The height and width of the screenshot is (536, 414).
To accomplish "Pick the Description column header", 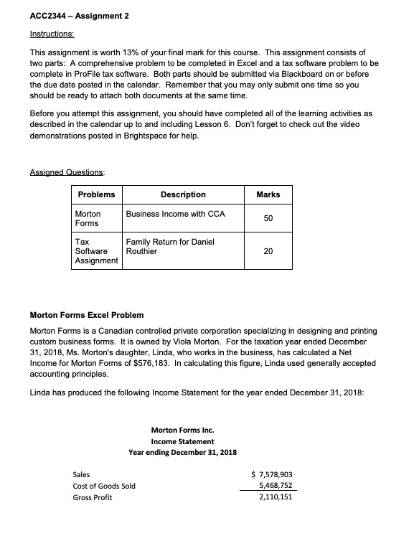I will pyautogui.click(x=183, y=194).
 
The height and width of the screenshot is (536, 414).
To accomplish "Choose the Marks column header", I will pyautogui.click(x=268, y=194).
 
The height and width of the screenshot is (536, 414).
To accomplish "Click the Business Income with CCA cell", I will pyautogui.click(x=175, y=214).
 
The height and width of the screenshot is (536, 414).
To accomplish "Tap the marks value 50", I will pyautogui.click(x=268, y=218).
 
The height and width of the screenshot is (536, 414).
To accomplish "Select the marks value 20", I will pyautogui.click(x=268, y=251).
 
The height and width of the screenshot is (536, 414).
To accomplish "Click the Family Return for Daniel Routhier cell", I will pyautogui.click(x=169, y=247).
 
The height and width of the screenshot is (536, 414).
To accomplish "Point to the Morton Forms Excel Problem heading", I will pyautogui.click(x=86, y=314).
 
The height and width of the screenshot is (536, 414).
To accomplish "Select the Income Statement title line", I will pyautogui.click(x=182, y=441).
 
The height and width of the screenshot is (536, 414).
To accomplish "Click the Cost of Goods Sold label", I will pyautogui.click(x=105, y=486).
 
